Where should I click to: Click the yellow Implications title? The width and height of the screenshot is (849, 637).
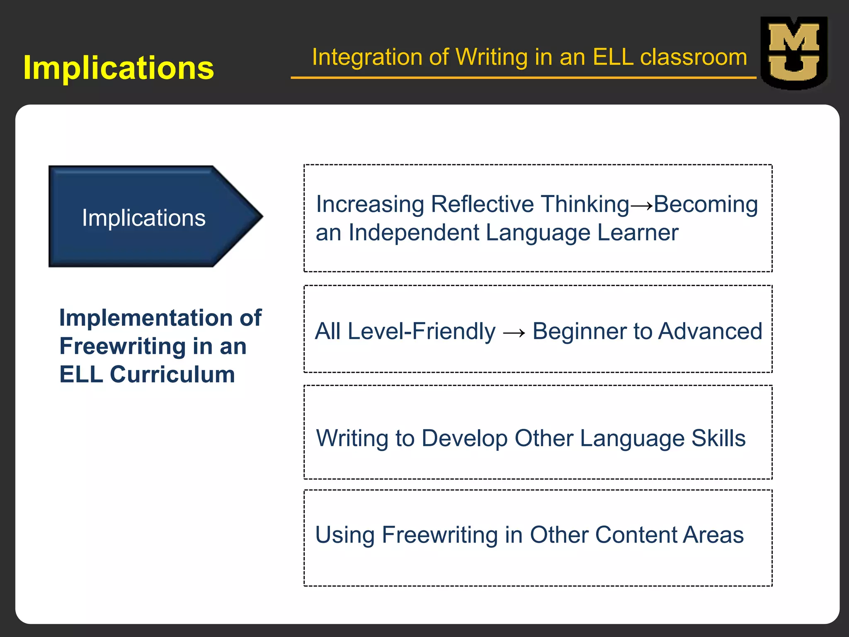click(119, 68)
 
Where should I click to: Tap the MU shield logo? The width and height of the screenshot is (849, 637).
click(794, 53)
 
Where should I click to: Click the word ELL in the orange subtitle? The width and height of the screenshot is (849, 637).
click(613, 57)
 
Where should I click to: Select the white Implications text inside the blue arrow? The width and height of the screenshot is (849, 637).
click(143, 218)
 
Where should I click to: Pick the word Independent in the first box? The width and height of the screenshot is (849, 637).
click(414, 232)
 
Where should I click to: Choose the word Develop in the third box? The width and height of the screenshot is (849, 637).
click(464, 438)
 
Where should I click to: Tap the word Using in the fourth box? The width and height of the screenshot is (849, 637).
click(344, 535)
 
